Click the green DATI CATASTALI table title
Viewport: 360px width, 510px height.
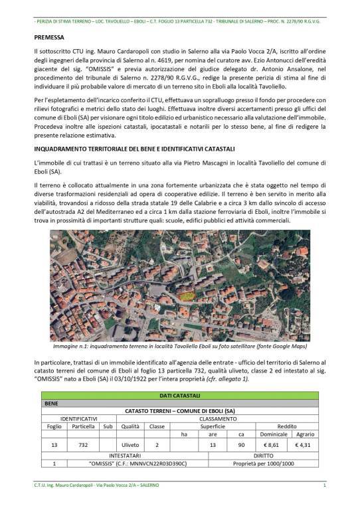pyautogui.click(x=180, y=396)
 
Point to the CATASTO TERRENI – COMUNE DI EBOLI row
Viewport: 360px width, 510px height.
pyautogui.click(x=180, y=410)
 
